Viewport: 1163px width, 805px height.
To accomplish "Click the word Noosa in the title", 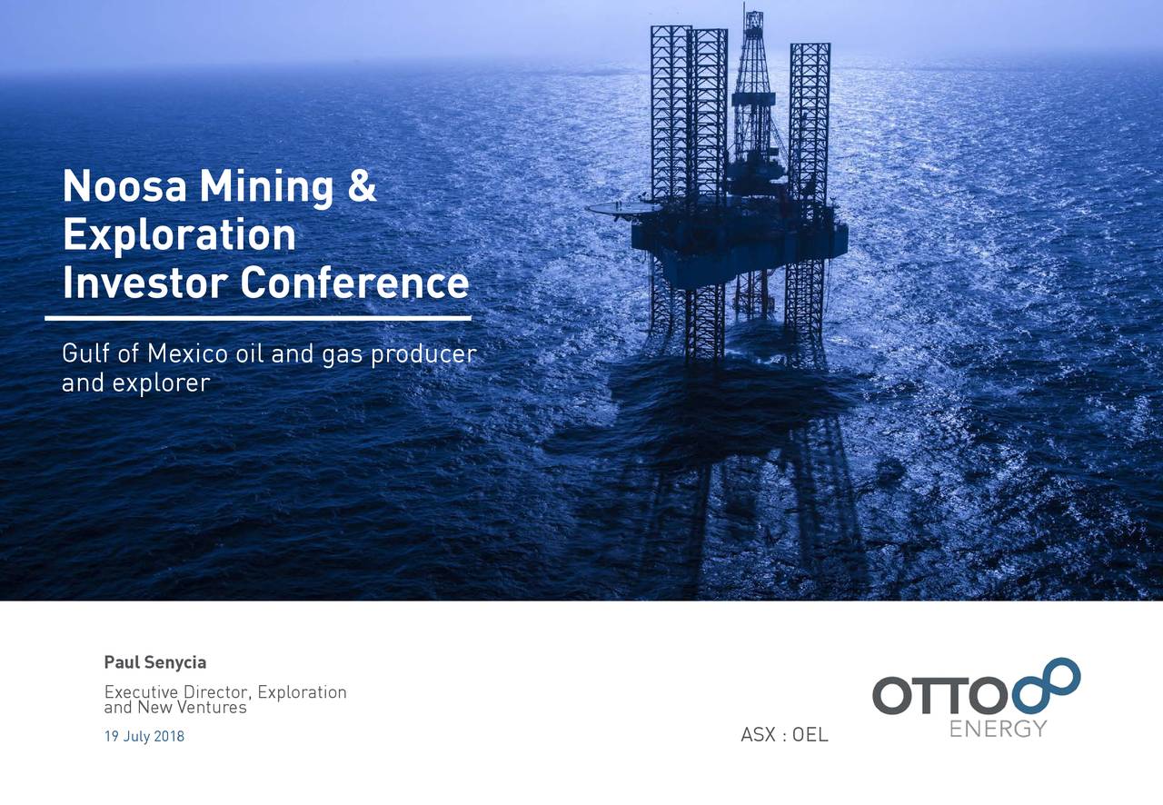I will coord(124,188).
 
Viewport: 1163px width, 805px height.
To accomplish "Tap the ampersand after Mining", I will coord(361,188).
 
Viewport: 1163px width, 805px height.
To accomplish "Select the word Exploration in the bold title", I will coord(179,236).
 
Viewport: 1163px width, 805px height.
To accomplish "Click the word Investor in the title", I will coord(144,283).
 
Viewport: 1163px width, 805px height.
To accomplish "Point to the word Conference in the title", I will coord(354,283).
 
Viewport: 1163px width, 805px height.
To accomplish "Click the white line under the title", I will coord(258,319).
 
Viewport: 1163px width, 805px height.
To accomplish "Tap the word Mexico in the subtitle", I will coord(188,353).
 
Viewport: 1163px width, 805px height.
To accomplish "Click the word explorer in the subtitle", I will coord(161,383).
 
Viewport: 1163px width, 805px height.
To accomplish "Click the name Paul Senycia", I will coord(155,662).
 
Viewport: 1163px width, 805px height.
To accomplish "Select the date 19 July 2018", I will coord(144,737).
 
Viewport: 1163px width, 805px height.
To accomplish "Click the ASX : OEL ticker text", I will coord(784,735).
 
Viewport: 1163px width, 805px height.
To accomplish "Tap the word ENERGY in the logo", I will coord(998,729).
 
